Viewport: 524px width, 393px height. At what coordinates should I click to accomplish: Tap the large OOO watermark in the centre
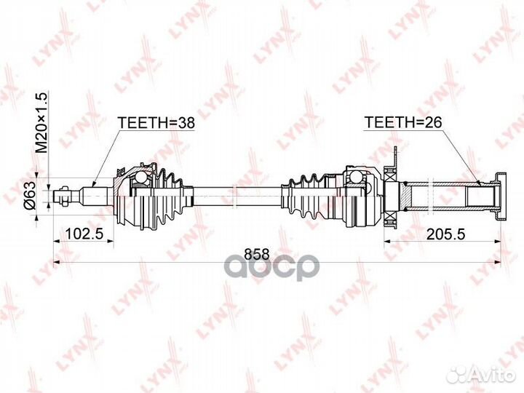271,266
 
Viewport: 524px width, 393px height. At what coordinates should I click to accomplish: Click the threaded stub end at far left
67,194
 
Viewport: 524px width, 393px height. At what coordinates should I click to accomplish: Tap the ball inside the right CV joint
356,178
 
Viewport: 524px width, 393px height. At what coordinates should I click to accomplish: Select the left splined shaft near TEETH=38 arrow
99,194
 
